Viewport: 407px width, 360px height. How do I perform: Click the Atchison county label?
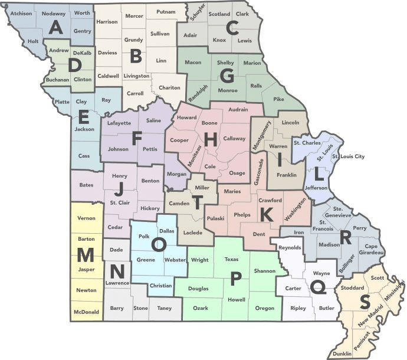pyautogui.click(x=21, y=12)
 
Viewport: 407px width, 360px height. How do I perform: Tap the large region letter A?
pyautogui.click(x=57, y=27)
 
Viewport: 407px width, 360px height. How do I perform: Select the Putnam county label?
pyautogui.click(x=165, y=11)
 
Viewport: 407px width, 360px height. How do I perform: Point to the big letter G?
pyautogui.click(x=227, y=76)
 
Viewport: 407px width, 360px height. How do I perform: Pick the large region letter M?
pyautogui.click(x=86, y=255)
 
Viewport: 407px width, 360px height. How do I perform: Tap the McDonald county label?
pyautogui.click(x=86, y=311)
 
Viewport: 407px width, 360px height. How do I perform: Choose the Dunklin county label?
pyautogui.click(x=342, y=353)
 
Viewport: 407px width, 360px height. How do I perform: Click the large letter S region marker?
pyautogui.click(x=365, y=302)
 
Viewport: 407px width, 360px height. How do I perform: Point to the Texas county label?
pyautogui.click(x=231, y=258)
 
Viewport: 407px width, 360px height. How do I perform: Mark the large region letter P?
pyautogui.click(x=236, y=280)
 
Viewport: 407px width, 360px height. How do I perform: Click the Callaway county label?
pyautogui.click(x=234, y=139)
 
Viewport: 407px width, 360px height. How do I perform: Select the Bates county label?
pyautogui.click(x=86, y=185)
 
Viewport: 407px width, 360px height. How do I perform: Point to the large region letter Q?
pyautogui.click(x=318, y=287)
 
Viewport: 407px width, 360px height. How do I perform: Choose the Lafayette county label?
pyautogui.click(x=120, y=123)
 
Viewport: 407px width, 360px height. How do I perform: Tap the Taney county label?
pyautogui.click(x=164, y=307)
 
